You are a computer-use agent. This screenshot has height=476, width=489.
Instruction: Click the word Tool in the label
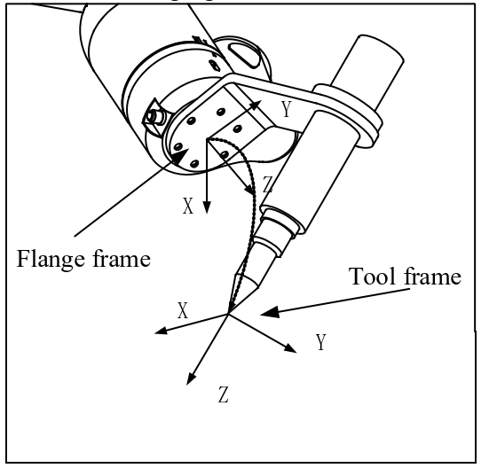[373, 276]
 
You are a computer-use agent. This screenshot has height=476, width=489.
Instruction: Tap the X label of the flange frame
[188, 206]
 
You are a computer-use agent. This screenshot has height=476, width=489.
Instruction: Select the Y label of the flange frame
[287, 109]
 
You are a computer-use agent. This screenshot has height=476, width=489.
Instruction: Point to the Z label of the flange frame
[268, 184]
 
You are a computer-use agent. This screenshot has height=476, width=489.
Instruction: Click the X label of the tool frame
[183, 310]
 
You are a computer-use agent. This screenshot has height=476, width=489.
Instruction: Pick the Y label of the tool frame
[321, 342]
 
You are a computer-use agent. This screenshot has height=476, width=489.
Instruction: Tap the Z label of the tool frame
[224, 394]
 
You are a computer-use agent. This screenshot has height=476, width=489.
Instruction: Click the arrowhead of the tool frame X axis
[162, 331]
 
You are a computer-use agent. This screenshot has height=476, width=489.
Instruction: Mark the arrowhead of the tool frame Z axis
[191, 378]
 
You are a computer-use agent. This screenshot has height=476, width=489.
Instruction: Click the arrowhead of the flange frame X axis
[207, 207]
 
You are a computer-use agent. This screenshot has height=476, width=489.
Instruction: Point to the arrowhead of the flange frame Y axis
[256, 105]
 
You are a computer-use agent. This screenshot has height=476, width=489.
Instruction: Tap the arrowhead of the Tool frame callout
[270, 312]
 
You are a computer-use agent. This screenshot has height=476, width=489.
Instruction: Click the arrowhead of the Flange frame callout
[180, 155]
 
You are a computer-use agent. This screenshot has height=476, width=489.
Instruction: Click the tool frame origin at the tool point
[228, 314]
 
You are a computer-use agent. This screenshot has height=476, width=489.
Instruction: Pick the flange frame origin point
[207, 139]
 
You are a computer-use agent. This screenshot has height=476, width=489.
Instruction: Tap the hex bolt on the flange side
[154, 116]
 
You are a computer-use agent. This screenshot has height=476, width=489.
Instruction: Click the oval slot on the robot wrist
[245, 55]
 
